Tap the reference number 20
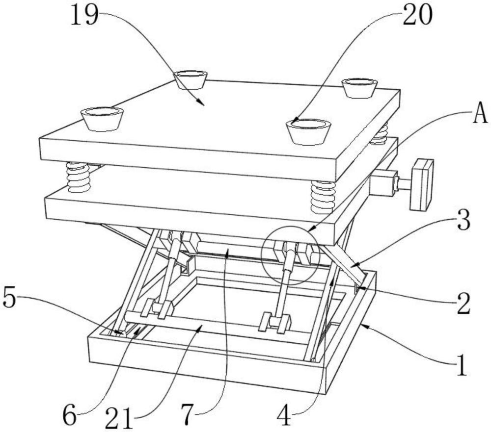418,15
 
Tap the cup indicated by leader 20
308,131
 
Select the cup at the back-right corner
360,87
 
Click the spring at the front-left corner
79,177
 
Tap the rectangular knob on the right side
422,184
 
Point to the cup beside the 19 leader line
191,79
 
